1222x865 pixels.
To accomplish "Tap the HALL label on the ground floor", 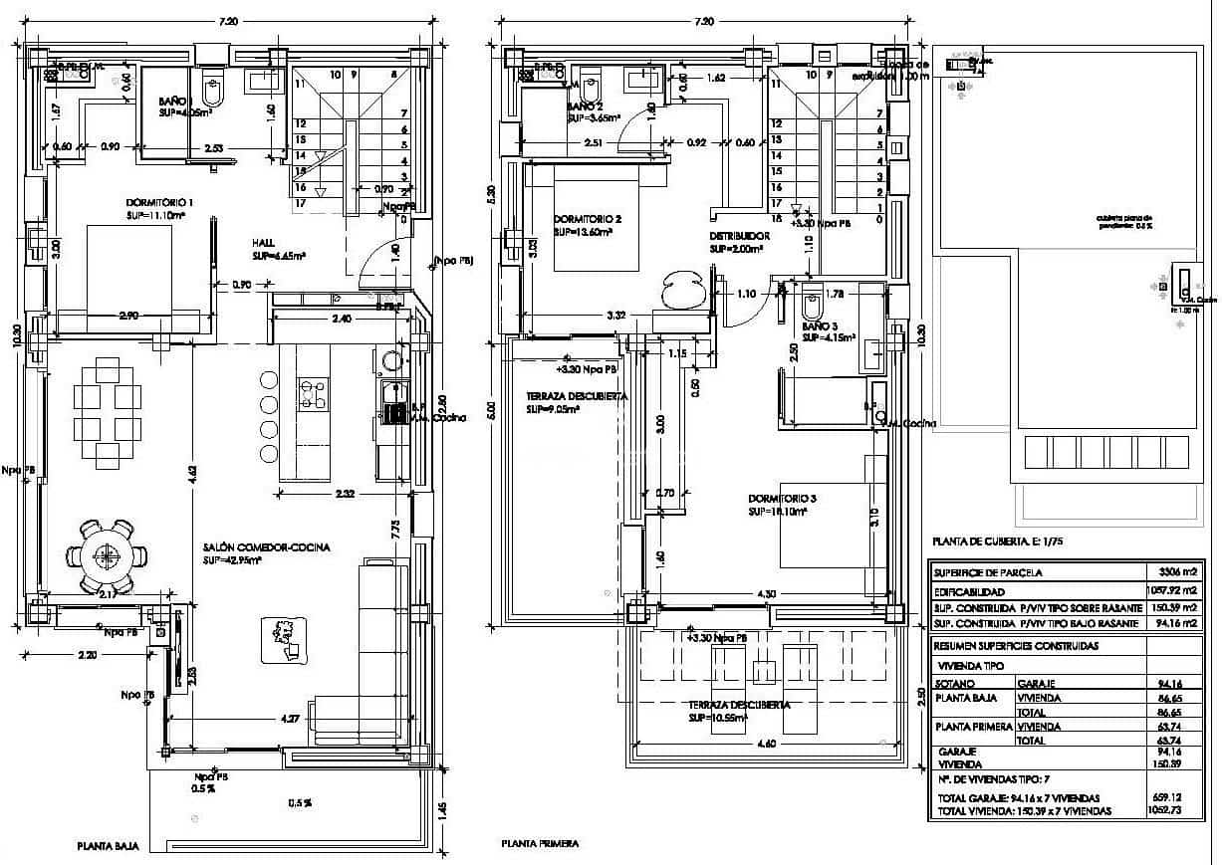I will pos(264,242).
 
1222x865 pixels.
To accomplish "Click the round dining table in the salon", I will pos(105,553).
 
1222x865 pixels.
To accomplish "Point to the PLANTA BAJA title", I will pos(107,846).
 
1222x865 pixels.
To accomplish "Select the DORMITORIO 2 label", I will pos(588,219).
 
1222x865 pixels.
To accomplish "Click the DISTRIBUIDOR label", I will pos(739,236).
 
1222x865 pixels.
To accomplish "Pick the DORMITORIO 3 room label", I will pos(783,500).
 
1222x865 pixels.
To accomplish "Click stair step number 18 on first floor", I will pos(776,218).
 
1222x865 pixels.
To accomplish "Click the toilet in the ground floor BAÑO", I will pos(212,92).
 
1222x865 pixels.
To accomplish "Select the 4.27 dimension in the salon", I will pos(290,718).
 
